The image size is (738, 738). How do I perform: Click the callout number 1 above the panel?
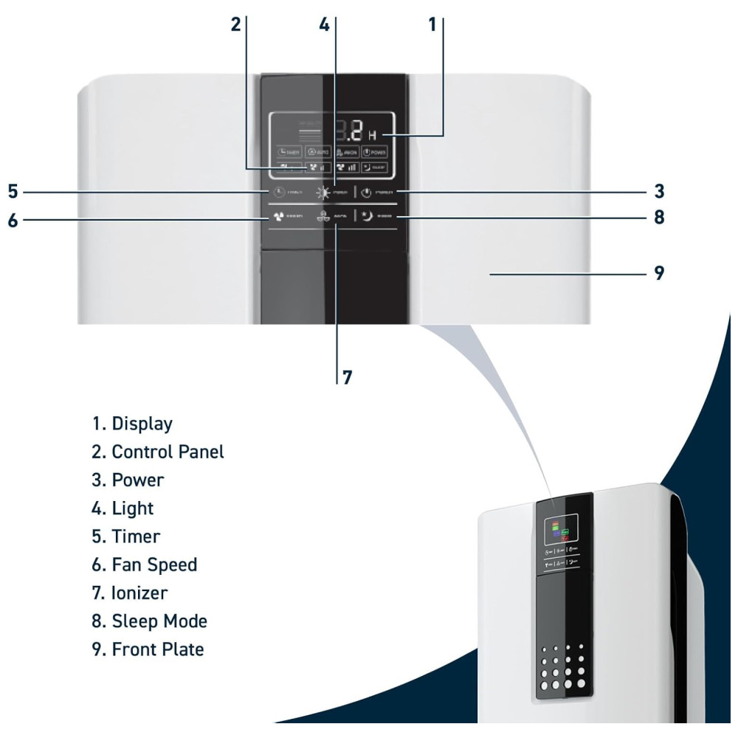[x=433, y=24]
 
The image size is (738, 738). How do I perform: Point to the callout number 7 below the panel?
[x=347, y=378]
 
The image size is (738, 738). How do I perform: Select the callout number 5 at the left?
[x=13, y=192]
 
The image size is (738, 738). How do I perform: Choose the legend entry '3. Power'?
[x=127, y=480]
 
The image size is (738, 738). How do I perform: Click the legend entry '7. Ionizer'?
[x=131, y=593]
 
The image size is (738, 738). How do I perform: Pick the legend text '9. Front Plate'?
[x=148, y=649]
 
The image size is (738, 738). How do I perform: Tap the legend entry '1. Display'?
[x=132, y=424]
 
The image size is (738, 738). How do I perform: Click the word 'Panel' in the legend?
[x=200, y=452]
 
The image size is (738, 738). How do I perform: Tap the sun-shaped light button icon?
[x=322, y=193]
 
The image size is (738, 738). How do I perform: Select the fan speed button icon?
[x=276, y=218]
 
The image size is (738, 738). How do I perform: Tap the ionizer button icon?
[x=321, y=218]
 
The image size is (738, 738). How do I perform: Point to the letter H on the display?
[x=373, y=136]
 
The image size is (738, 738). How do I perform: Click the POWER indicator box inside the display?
[x=376, y=153]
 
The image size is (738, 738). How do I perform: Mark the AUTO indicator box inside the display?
[x=316, y=153]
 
